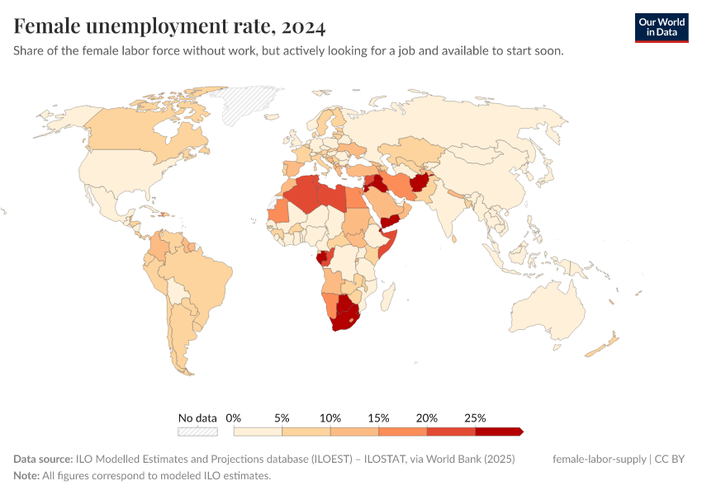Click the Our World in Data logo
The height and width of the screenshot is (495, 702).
tap(662, 27)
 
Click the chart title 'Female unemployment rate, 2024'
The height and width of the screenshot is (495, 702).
tap(169, 26)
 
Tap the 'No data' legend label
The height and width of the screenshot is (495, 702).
tap(197, 417)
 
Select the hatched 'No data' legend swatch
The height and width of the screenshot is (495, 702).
tap(197, 431)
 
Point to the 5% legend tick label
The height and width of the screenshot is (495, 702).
tap(282, 417)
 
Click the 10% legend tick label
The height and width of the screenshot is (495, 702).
tap(330, 417)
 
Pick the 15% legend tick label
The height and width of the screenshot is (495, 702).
tap(379, 417)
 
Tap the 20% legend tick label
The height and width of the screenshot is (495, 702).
tap(427, 417)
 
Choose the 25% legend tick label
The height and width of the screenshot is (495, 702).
tap(476, 417)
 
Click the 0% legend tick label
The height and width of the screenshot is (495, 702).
tap(234, 417)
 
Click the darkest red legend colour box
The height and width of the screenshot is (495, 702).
tap(498, 431)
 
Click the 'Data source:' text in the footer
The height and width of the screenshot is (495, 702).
tap(43, 459)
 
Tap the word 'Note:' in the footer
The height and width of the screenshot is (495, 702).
tap(26, 476)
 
